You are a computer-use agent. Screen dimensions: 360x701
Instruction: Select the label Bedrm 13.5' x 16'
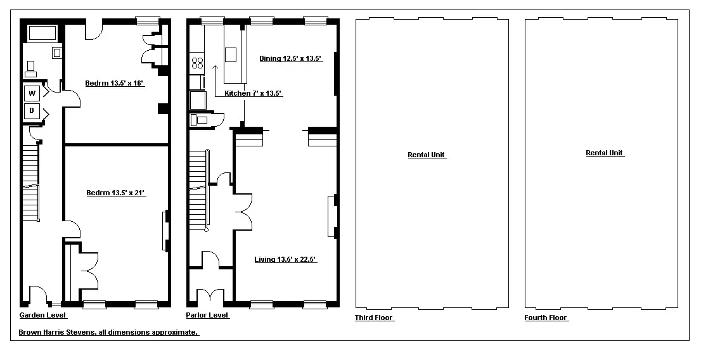(115, 83)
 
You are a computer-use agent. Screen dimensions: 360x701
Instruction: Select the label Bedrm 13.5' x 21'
(116, 193)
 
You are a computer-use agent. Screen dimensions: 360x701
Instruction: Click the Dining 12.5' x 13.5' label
(291, 59)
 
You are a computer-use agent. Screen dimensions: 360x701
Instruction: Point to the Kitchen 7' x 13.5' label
(253, 93)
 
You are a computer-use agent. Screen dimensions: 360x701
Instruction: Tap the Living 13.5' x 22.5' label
(285, 259)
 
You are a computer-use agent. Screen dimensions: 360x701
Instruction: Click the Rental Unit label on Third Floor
(427, 155)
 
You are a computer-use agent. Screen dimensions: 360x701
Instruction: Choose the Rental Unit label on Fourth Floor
(605, 153)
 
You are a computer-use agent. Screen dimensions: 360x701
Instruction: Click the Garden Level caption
(42, 316)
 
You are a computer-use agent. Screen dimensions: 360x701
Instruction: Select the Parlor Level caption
(207, 316)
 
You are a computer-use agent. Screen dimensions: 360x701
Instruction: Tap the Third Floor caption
(374, 318)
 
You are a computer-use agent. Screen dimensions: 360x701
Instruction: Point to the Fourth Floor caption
(546, 318)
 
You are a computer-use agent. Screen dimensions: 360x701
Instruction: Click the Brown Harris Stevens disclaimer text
(108, 332)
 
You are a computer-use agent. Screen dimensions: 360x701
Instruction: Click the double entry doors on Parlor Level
(210, 296)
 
